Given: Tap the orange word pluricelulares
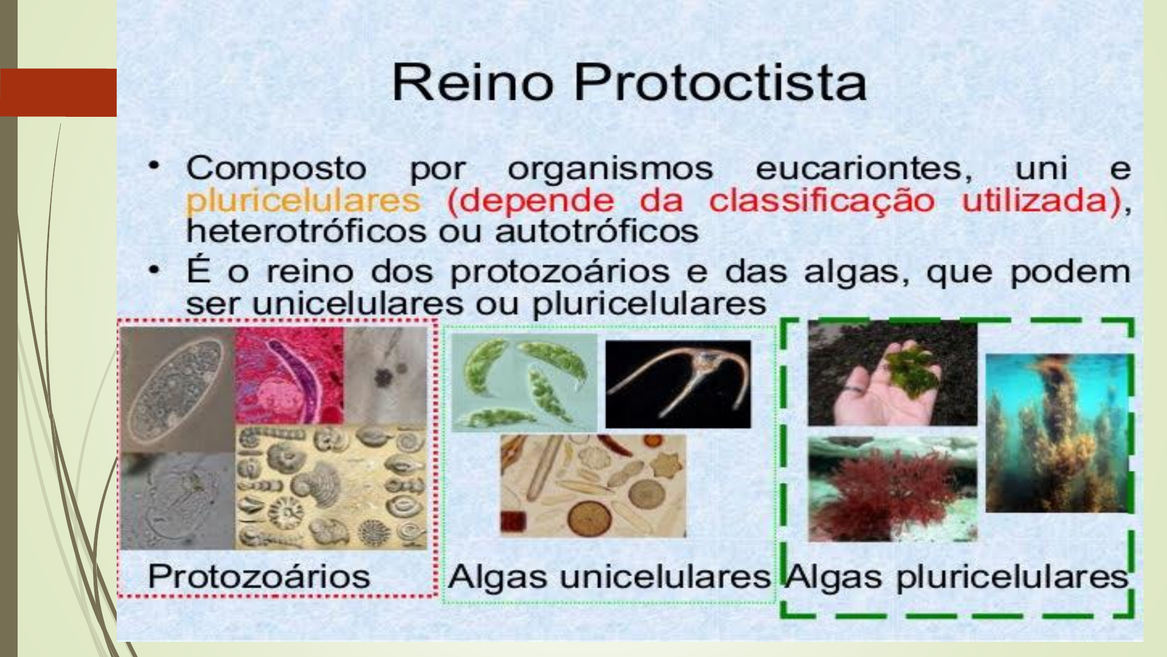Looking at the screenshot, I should (303, 200).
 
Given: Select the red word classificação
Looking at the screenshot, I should (821, 200).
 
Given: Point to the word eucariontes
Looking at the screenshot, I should (864, 169).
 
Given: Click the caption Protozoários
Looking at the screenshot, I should (259, 575).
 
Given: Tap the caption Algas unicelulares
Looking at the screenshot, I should (609, 575).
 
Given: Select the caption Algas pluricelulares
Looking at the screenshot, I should (956, 575).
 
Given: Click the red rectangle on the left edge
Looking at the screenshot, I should (58, 92).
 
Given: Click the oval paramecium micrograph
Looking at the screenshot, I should (176, 389).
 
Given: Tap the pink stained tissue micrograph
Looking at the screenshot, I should (289, 375).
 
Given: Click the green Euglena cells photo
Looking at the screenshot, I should (524, 382).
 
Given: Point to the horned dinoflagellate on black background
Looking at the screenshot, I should (678, 383).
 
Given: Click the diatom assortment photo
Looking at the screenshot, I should (593, 485).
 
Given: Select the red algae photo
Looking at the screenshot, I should (892, 488).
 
